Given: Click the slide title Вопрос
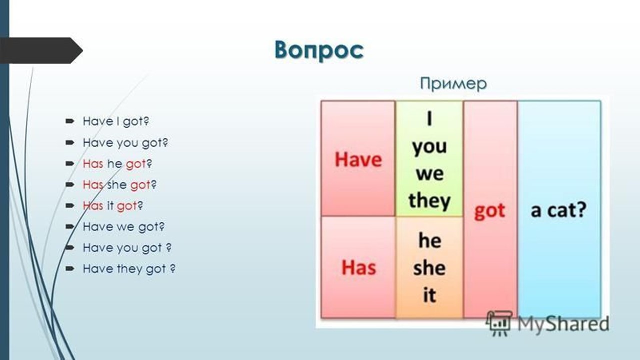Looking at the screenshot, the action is [319, 51].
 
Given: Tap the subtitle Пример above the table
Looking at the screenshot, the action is [453, 84].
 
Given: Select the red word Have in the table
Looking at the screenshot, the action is [358, 159].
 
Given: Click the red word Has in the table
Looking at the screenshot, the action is [359, 267].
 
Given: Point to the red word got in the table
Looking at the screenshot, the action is [489, 211].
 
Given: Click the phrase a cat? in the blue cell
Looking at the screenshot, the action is [559, 210].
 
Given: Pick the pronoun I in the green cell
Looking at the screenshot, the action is [429, 119].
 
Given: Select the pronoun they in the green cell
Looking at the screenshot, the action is [429, 201].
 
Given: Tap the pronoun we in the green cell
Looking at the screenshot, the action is [430, 174].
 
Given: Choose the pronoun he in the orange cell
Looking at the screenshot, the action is [430, 240].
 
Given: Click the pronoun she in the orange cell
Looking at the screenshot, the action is [429, 268].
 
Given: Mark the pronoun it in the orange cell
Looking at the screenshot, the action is [429, 295].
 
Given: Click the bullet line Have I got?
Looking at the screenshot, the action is [116, 121].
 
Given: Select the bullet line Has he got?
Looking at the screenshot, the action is [117, 164].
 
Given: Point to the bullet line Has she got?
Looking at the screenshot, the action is [119, 185].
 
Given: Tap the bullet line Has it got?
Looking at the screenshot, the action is [113, 206].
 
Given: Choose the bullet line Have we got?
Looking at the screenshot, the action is [123, 227].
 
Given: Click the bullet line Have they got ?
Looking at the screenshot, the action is [129, 269].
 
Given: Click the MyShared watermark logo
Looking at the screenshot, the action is [547, 323].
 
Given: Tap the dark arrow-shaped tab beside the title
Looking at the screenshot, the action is [41, 50].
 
